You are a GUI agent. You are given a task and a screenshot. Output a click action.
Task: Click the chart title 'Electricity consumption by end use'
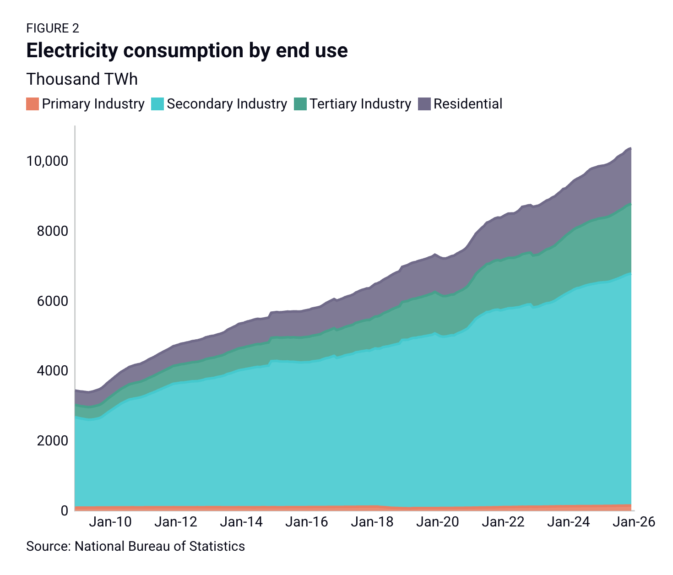coord(187,51)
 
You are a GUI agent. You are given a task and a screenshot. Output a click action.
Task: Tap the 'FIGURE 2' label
coord(53,28)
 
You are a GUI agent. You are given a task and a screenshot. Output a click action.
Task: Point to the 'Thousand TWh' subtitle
coord(82,79)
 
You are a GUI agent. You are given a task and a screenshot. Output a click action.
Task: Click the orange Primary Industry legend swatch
coord(33,104)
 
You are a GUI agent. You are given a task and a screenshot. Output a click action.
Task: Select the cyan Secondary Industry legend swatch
coord(157,104)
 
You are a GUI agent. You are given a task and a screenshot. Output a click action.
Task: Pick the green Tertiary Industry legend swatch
coord(300,104)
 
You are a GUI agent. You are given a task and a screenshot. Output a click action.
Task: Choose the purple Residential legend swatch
coord(424,104)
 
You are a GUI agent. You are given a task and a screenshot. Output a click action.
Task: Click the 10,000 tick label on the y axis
coord(47,161)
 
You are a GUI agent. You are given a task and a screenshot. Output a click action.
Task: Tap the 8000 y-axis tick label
coord(53,231)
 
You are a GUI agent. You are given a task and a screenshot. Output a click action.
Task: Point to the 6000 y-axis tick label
coord(53,301)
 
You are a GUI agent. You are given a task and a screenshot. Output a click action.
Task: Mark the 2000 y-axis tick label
coord(53,440)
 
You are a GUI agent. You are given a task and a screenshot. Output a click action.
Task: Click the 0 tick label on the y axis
coord(65,510)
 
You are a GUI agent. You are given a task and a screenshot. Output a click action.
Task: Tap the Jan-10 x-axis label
coord(110,522)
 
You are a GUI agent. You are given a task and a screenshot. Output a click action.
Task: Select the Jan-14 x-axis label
coord(241,522)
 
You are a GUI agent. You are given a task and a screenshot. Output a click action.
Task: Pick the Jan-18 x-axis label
coord(372,522)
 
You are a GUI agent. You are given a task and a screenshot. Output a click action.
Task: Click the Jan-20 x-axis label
coord(438,522)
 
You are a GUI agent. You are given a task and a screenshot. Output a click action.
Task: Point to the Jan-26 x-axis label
coord(634,522)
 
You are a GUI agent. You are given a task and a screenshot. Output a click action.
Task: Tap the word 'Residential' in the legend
coord(468,104)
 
